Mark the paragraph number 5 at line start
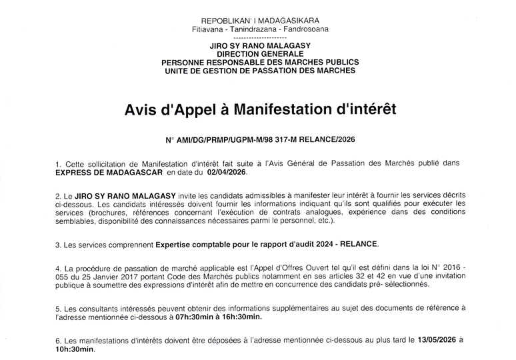pyautogui.click(x=58, y=307)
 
